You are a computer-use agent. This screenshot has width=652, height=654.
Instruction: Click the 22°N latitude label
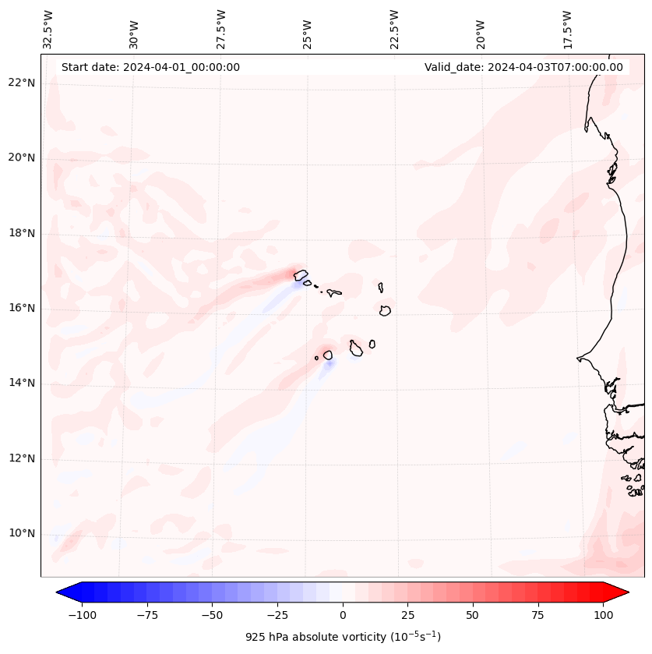point(20,83)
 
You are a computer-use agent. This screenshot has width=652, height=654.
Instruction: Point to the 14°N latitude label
point(20,383)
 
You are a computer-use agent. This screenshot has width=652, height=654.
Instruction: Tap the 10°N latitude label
point(20,533)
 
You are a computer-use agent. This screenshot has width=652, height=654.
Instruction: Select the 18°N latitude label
point(20,233)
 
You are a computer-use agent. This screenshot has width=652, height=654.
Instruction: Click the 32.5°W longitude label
point(48,29)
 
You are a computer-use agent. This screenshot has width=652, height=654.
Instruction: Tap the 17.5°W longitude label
point(567,29)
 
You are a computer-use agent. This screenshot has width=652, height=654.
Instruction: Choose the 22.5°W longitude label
point(393,29)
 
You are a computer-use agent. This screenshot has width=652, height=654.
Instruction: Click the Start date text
point(150,67)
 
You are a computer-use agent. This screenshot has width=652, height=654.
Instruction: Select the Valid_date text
point(523,67)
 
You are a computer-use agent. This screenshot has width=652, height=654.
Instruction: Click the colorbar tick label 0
point(343,615)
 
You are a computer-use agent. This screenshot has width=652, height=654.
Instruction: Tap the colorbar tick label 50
point(472,615)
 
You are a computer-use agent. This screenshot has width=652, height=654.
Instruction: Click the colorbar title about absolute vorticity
point(343,637)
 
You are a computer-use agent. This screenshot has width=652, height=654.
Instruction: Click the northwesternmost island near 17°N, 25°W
point(300,274)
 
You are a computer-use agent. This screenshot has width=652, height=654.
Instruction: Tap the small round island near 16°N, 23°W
point(385,310)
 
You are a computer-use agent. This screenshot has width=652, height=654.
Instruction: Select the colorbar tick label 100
point(602,615)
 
